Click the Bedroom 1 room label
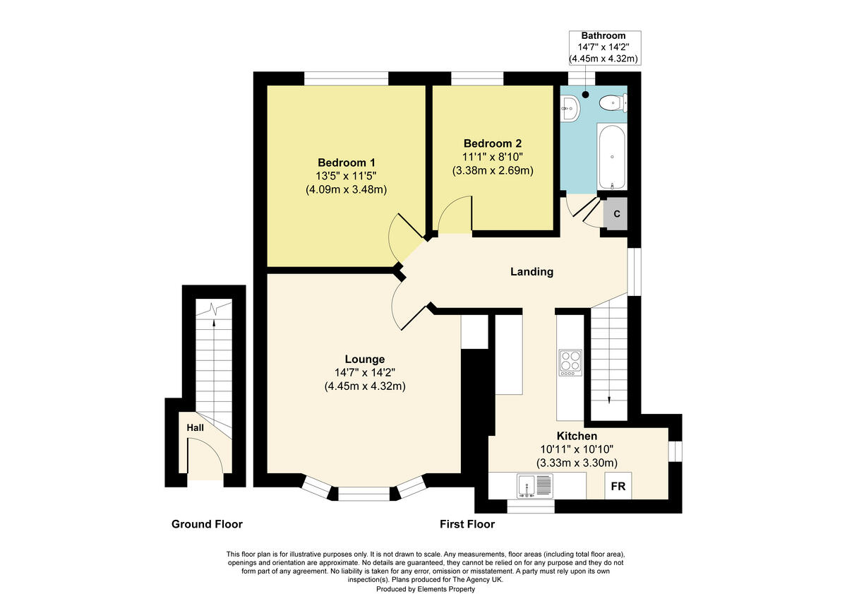346,162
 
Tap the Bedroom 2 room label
492,143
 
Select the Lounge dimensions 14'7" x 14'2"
364,372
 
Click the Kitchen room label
577,436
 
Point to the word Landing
531,272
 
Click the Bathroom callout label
603,35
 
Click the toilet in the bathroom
612,105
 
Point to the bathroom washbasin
570,108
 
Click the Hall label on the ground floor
195,428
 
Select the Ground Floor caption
207,524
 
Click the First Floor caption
467,524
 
